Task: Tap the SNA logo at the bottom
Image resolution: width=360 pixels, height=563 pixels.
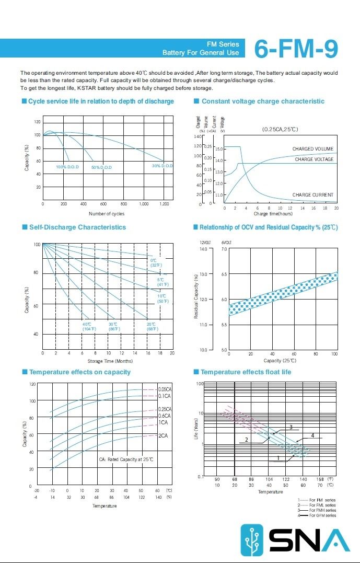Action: pos(295,539)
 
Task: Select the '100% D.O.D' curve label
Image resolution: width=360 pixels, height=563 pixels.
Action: pos(67,167)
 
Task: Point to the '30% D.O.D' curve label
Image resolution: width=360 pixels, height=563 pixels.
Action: pos(162,166)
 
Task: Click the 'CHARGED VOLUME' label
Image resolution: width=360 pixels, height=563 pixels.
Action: pos(312,150)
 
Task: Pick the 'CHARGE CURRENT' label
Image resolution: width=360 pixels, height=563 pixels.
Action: pos(312,195)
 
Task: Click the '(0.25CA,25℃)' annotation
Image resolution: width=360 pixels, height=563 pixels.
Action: pos(280,129)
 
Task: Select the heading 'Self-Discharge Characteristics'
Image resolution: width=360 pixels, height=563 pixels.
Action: pos(77,227)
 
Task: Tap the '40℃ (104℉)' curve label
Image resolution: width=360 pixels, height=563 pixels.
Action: pos(89,326)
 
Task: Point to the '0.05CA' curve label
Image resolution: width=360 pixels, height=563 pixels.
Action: pos(165,389)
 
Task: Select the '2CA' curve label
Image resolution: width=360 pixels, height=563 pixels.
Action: pos(163,435)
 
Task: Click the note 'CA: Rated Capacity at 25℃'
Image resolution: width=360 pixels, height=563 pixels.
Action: pos(126,459)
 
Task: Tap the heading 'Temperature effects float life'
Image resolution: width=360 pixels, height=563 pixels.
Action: pos(246,372)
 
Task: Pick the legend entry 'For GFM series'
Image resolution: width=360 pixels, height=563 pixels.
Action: pos(322,515)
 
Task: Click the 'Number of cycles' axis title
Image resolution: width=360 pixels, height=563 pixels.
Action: pos(107,213)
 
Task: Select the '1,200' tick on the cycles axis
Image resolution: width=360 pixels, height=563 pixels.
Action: pos(164,204)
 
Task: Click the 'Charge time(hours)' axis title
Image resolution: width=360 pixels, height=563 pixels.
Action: pos(273,213)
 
